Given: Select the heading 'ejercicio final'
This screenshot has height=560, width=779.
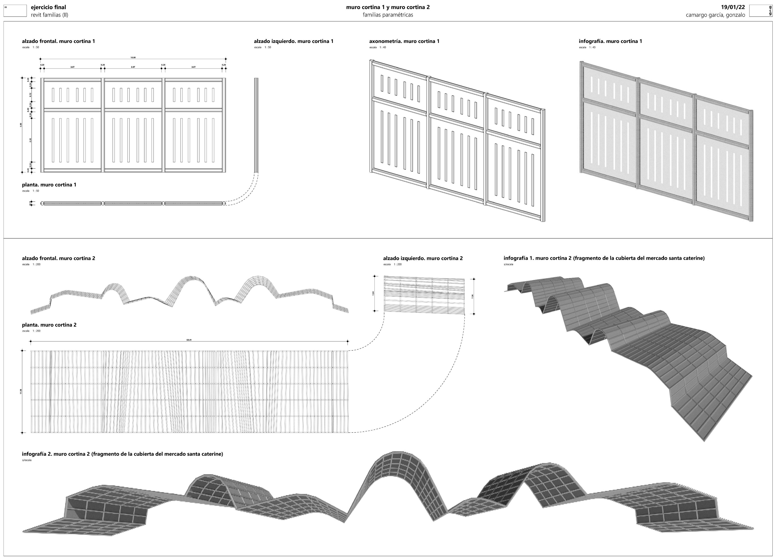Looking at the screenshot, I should pos(49,7).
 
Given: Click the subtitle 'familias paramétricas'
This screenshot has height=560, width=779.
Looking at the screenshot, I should pos(388,15).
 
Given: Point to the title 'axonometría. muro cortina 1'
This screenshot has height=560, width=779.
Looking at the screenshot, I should pos(404,41).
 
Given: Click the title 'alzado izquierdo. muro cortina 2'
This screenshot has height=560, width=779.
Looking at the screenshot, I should pos(423,258).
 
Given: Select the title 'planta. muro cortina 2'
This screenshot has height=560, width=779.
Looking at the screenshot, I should pos(49,325).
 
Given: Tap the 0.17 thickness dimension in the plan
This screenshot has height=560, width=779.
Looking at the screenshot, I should pos(31,203).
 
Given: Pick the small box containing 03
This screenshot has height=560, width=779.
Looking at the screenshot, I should pos(15,11).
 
